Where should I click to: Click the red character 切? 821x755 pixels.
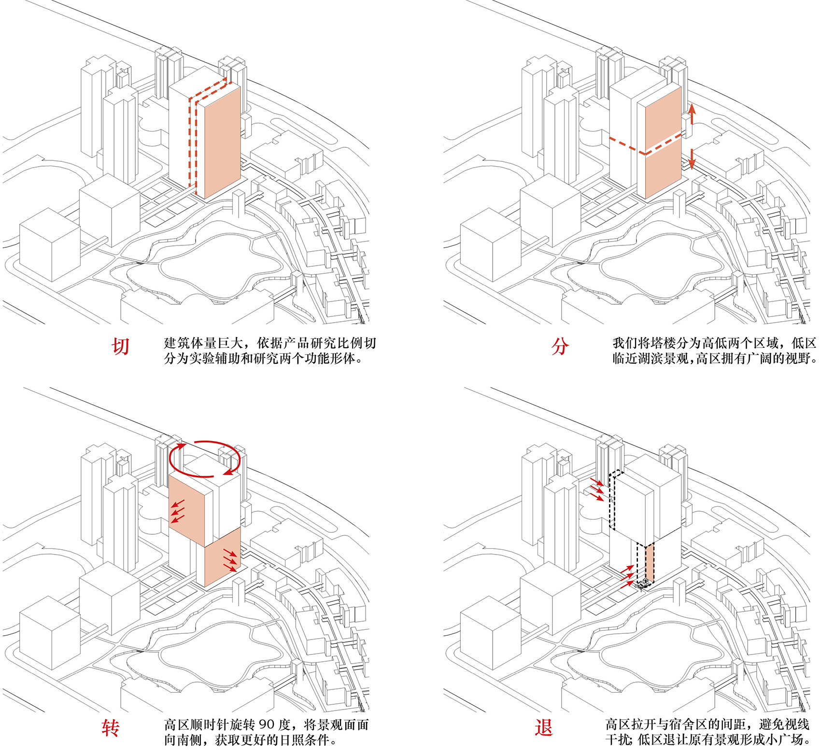pyautogui.click(x=121, y=346)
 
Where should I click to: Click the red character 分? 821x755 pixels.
pyautogui.click(x=560, y=346)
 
